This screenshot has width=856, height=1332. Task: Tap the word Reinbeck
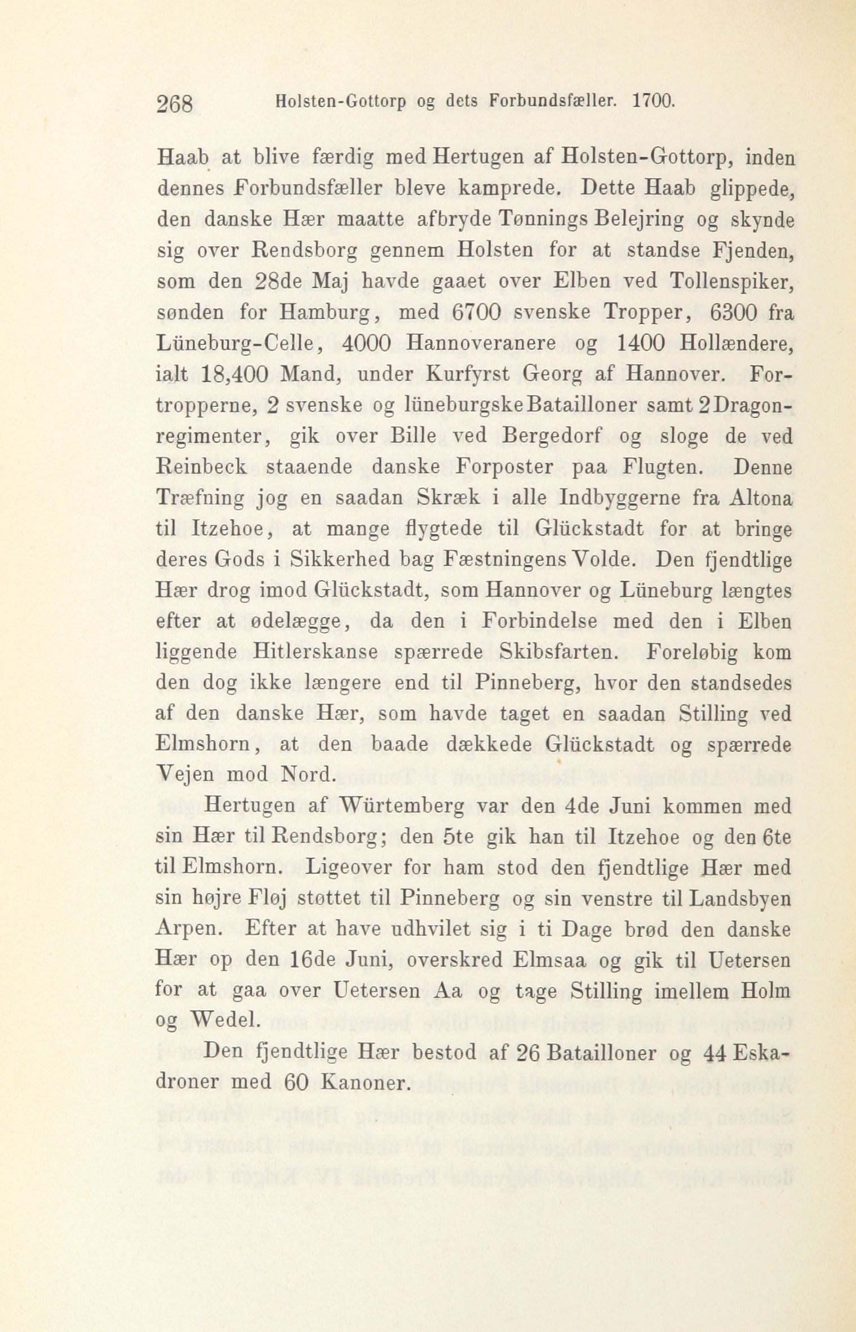click(201, 468)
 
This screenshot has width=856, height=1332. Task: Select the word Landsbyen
click(742, 899)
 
